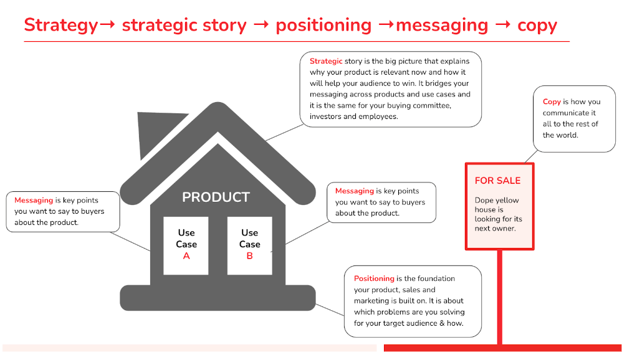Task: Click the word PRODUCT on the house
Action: tap(216, 197)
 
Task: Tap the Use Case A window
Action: tap(186, 245)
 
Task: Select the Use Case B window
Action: tap(249, 245)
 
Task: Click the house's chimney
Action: tap(158, 133)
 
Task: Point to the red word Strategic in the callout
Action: tap(326, 61)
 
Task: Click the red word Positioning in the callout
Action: tap(374, 278)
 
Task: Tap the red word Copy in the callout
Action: tap(552, 102)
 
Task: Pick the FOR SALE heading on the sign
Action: tap(497, 181)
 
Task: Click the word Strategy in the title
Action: tap(61, 26)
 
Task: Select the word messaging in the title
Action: tap(442, 26)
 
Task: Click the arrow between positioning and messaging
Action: tap(386, 24)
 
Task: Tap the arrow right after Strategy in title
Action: tap(107, 24)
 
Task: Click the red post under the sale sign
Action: tap(500, 297)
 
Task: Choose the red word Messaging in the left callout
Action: tap(34, 200)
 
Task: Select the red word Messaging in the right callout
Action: tap(355, 191)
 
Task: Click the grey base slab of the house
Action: tap(218, 298)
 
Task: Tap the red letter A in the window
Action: tap(186, 256)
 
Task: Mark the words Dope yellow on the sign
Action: tap(497, 200)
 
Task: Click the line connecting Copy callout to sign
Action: tap(531, 157)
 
